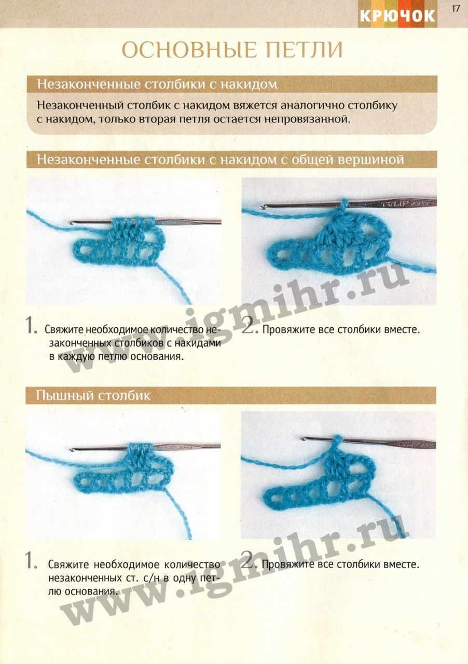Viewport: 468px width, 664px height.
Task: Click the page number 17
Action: coord(456,8)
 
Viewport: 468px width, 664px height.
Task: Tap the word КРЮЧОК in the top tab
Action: coord(397,16)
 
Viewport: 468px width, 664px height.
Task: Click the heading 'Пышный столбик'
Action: coord(93,396)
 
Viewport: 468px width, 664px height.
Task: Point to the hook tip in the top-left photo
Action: coord(70,223)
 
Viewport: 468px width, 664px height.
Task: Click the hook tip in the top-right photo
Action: coord(261,207)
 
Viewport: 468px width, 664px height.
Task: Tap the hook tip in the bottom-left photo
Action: coord(71,450)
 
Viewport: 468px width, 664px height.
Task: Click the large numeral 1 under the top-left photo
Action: coord(31,325)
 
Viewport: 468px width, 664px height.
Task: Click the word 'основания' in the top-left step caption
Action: coord(156,356)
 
